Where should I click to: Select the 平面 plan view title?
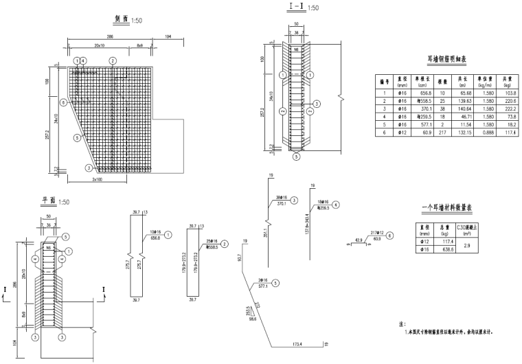tap(49, 202)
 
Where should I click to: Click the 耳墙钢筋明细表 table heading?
tap(446, 59)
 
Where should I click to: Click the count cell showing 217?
tap(440, 133)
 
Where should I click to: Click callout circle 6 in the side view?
tap(63, 102)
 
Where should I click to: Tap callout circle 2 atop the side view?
tap(112, 61)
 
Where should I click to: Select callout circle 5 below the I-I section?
tap(297, 157)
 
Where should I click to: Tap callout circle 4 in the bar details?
tap(336, 204)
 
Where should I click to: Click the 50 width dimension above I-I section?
tap(296, 24)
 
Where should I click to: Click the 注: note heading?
tap(402, 323)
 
